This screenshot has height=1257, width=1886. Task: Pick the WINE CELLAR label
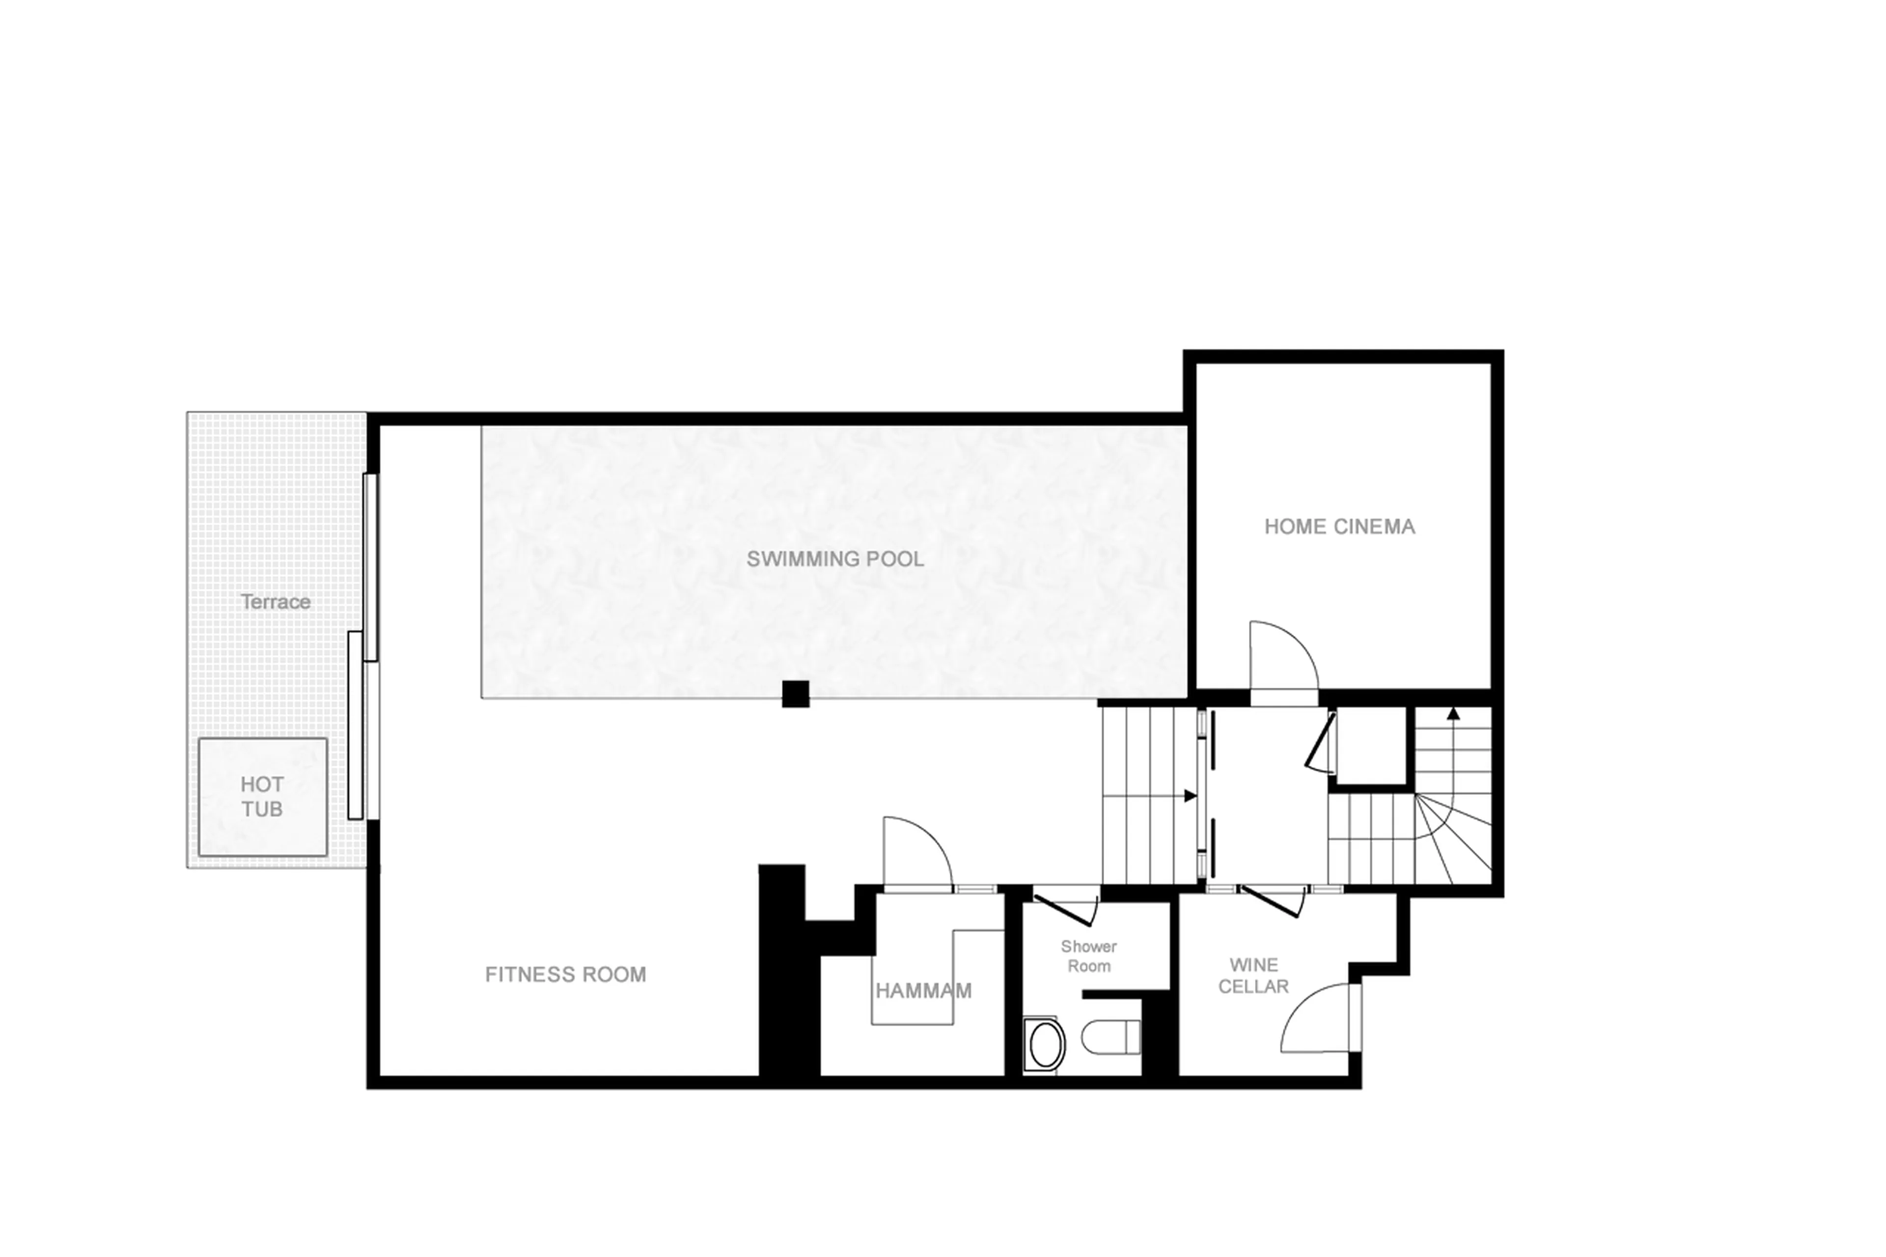pyautogui.click(x=1253, y=975)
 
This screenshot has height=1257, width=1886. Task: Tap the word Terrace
pyautogui.click(x=275, y=601)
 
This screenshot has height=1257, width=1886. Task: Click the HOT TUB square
pyautogui.click(x=262, y=797)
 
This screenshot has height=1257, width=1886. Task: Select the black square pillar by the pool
pyautogui.click(x=795, y=694)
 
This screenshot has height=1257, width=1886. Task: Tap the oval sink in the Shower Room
pyautogui.click(x=1045, y=1045)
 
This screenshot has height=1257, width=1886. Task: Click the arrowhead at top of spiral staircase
pyautogui.click(x=1453, y=713)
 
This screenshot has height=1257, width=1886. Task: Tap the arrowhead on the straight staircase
pyautogui.click(x=1190, y=796)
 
